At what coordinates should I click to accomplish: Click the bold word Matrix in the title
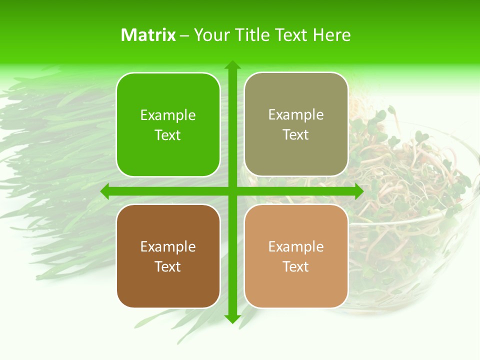[x=148, y=35]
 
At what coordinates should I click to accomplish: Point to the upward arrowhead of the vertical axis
[x=232, y=65]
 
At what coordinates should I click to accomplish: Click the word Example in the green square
[x=168, y=115]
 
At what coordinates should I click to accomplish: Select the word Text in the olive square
[x=296, y=135]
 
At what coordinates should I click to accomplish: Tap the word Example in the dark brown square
[x=168, y=247]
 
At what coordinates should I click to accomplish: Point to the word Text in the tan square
[x=296, y=266]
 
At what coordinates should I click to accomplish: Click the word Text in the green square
[x=168, y=135]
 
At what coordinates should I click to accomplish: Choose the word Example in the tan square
[x=296, y=247]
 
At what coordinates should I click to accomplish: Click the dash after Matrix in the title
[x=184, y=35]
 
